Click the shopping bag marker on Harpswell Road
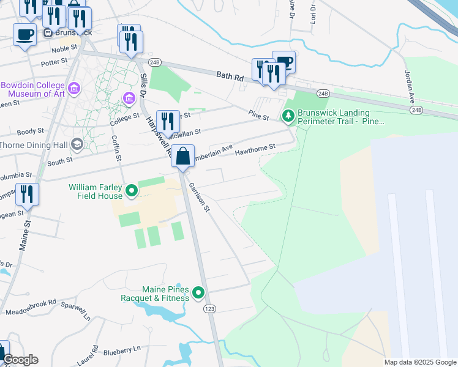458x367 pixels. [183, 157]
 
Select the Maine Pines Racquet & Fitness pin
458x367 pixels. [198, 294]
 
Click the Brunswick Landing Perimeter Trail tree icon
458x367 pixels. [288, 116]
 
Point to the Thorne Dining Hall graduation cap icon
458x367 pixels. [77, 145]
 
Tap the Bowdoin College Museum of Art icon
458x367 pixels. [74, 89]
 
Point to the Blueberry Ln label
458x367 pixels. [122, 350]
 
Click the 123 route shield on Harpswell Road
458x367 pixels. [209, 310]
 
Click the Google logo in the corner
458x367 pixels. [20, 360]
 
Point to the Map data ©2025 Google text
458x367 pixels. [419, 362]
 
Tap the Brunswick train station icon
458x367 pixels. [47, 32]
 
